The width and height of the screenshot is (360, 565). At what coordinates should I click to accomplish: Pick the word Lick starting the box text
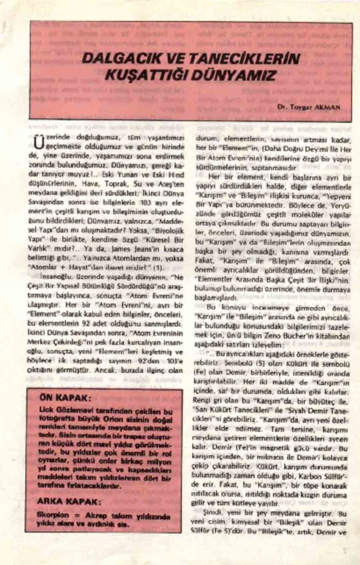point(47,412)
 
